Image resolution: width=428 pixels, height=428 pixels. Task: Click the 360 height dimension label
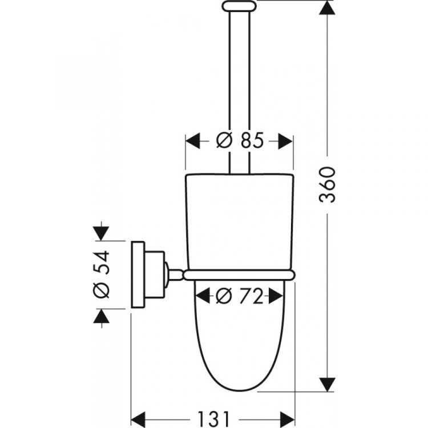coord(329,185)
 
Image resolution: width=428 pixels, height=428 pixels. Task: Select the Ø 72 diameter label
coord(239,296)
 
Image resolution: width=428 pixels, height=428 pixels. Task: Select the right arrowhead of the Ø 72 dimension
coord(274,296)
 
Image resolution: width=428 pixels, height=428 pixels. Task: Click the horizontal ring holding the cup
coord(239,274)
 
